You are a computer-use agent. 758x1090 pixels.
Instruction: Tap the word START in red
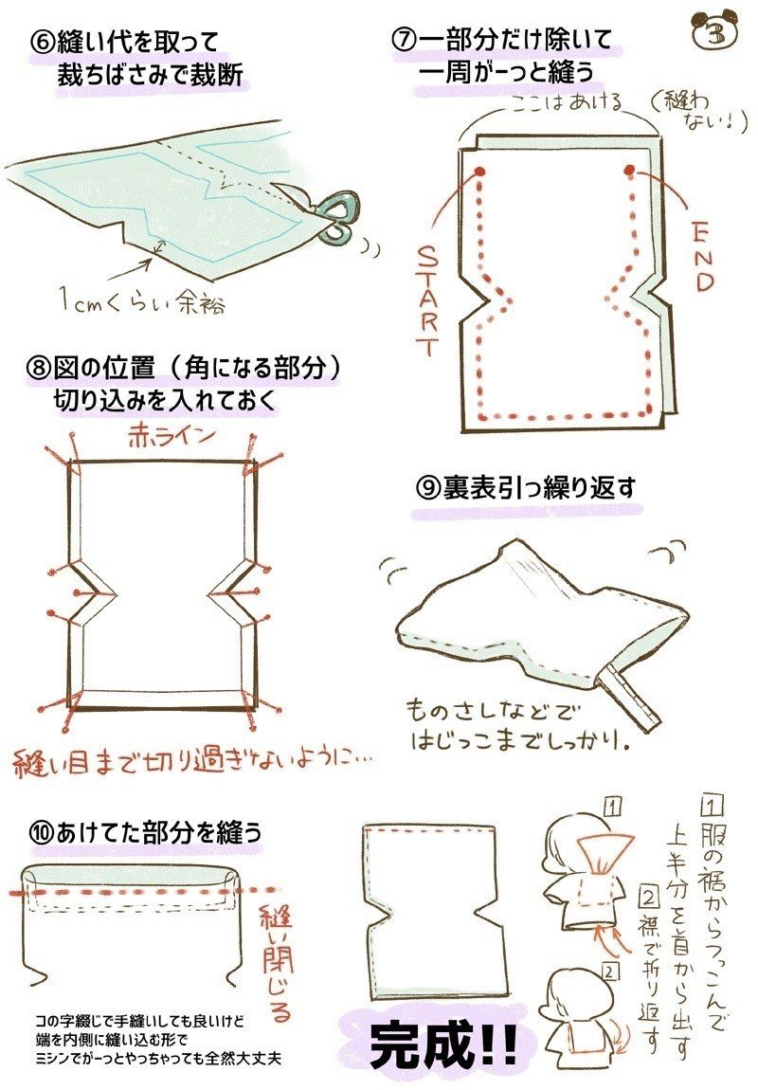(428, 301)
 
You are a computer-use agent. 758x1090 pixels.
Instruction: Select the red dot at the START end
(479, 171)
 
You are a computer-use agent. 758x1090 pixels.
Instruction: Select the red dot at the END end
(629, 170)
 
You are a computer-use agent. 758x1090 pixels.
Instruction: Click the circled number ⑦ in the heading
(404, 39)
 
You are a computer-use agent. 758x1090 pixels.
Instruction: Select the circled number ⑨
(426, 489)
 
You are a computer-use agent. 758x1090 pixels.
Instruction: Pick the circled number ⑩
(42, 832)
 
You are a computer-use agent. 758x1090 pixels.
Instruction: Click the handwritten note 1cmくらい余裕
(142, 301)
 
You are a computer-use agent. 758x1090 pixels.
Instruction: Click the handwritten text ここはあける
(567, 104)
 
